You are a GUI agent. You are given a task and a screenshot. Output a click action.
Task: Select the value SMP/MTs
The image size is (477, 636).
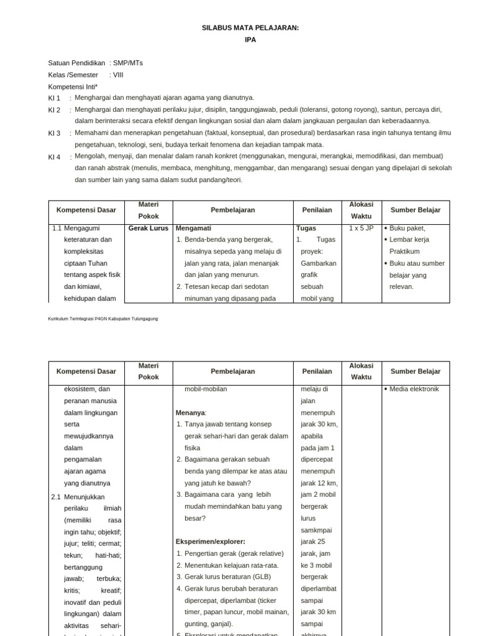[127, 63]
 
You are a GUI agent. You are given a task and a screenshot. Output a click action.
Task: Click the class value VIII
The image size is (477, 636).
[118, 75]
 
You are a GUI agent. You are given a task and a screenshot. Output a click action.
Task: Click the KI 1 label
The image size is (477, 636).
[55, 98]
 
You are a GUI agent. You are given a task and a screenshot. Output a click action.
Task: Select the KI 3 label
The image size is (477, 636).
[55, 134]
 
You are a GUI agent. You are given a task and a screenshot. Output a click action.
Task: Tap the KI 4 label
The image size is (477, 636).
[55, 157]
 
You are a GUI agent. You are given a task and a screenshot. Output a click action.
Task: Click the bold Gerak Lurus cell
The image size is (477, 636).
[148, 228]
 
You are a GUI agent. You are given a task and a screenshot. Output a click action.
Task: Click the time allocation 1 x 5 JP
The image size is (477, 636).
[361, 228]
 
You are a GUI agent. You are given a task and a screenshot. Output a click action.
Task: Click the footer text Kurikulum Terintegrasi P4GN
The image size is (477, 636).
[103, 319]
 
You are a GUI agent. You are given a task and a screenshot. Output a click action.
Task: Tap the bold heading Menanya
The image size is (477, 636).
[191, 412]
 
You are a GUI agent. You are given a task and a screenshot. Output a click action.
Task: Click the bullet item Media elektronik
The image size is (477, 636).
[414, 389]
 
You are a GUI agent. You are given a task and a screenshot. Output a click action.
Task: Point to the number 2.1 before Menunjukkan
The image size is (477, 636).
[56, 497]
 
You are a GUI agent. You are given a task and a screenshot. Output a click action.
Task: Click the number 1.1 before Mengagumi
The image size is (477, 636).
[58, 228]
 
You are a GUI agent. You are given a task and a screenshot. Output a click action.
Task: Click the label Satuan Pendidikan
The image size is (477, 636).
[77, 63]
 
